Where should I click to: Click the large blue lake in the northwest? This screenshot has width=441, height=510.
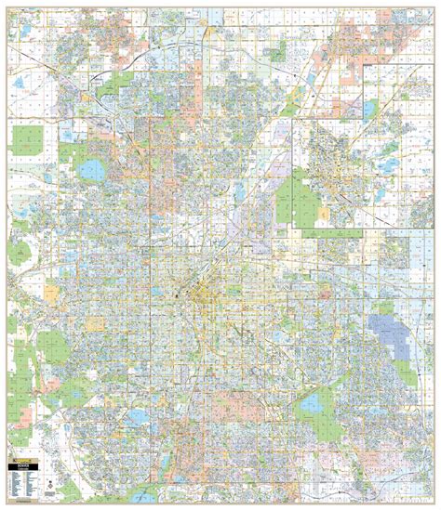tap(94, 171)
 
